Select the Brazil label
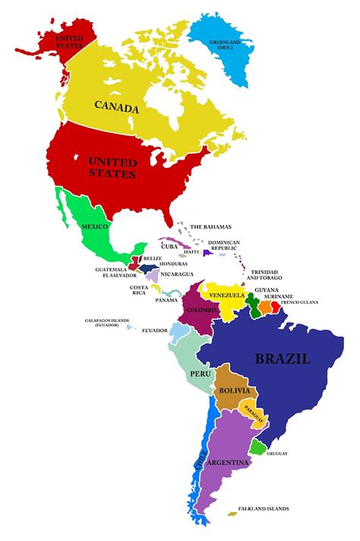[x=283, y=359]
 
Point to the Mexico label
[x=95, y=226]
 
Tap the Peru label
[x=200, y=374]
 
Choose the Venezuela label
[x=226, y=295]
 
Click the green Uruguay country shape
[x=258, y=448]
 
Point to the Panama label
[x=166, y=300]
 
